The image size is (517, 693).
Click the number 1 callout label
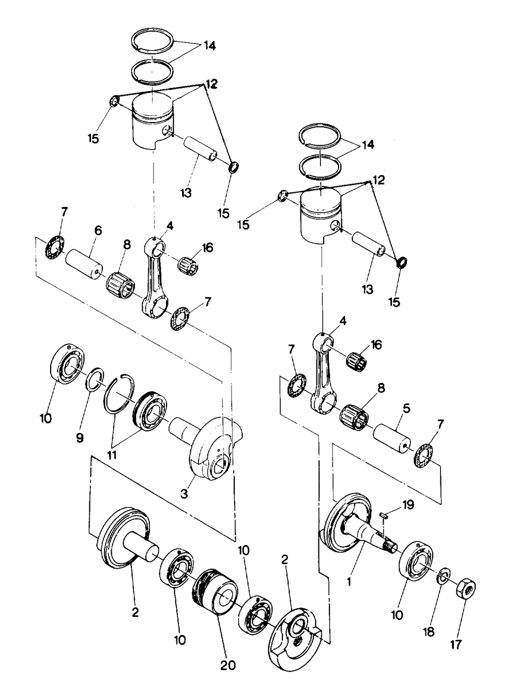tap(349, 582)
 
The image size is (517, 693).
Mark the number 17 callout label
tap(455, 645)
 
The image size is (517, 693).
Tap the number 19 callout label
tap(408, 505)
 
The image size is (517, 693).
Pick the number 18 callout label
tap(429, 632)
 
